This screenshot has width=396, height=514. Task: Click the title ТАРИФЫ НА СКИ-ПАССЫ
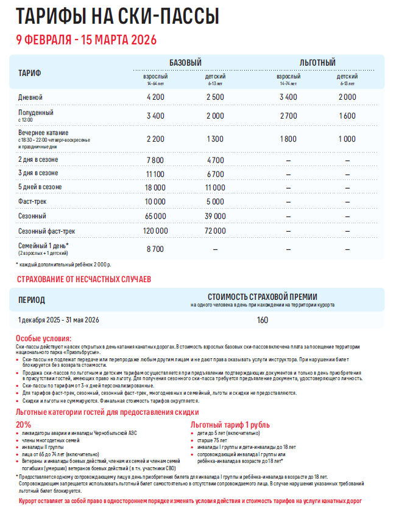117,16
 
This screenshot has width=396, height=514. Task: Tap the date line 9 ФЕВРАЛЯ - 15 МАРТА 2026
86,40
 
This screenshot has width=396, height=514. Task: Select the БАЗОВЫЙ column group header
185,63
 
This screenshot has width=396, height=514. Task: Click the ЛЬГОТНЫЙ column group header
317,63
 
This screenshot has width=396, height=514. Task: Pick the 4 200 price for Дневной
155,97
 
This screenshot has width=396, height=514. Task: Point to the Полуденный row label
36,113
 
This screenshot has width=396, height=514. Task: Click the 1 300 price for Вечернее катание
215,139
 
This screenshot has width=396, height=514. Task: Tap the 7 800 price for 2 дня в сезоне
155,161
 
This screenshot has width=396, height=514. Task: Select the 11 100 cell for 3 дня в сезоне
155,174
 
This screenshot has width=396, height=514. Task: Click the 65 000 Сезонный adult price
155,216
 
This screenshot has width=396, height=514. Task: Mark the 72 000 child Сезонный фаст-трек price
215,231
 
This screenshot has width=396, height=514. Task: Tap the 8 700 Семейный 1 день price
155,249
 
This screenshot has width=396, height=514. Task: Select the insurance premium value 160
262,320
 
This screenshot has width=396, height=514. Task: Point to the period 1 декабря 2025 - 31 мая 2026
58,320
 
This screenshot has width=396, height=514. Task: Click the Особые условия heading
43,338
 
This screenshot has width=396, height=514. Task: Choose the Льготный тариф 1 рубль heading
230,425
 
